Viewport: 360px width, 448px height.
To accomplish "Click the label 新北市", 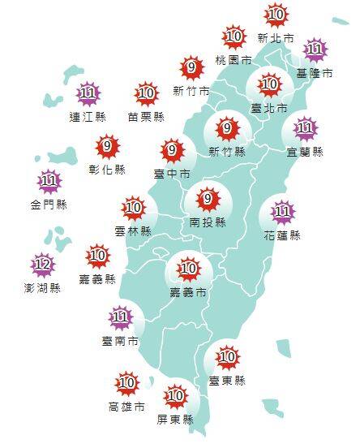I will tap(275, 37).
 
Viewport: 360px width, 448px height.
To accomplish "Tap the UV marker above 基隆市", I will tap(315, 50).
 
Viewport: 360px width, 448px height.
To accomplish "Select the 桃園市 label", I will tap(234, 60).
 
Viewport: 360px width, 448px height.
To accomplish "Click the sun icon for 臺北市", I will tap(269, 84).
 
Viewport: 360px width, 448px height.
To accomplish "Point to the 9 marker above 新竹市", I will tap(192, 67).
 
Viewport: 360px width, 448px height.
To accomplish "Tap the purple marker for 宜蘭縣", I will tap(306, 128).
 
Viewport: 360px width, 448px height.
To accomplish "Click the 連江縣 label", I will tap(88, 117).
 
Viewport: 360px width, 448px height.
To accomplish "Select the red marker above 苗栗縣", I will tap(147, 94).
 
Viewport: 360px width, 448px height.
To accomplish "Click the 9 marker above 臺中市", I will tap(172, 150).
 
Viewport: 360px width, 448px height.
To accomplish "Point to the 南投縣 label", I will tap(208, 222).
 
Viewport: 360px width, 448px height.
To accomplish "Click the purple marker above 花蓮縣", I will tap(283, 213).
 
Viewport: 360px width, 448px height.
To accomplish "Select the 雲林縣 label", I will tap(134, 231).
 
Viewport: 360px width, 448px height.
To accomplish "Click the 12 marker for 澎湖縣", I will tap(42, 265).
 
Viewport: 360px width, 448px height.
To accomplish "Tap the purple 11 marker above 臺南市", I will tap(121, 317).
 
